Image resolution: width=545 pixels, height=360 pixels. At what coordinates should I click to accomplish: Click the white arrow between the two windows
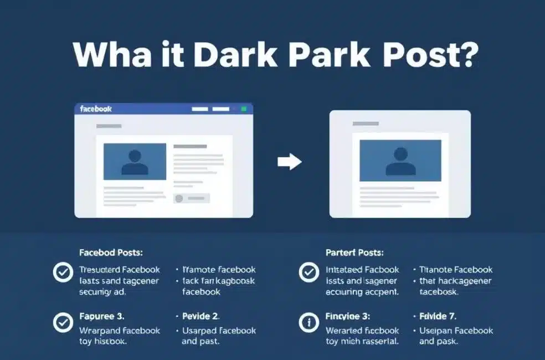(289, 162)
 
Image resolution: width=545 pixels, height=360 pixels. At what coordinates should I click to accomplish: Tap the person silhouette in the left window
(135, 162)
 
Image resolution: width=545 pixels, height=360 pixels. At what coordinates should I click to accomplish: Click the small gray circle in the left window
(178, 198)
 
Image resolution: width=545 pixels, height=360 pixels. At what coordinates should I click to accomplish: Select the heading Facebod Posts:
(111, 253)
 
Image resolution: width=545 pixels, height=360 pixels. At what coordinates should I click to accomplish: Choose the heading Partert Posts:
(354, 253)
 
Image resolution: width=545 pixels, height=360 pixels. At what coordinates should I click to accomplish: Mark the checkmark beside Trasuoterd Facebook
(62, 272)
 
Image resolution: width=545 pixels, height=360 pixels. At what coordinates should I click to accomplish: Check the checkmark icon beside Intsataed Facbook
(308, 272)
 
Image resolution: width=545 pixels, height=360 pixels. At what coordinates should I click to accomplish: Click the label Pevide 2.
(201, 316)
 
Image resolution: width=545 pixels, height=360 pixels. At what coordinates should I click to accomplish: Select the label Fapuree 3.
(102, 316)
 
